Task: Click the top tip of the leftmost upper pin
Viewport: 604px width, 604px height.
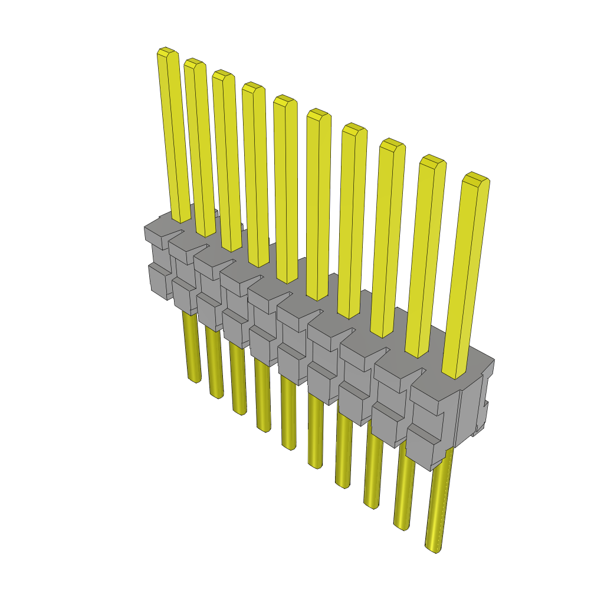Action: coord(168,52)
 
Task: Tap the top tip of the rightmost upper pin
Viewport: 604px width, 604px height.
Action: coord(476,177)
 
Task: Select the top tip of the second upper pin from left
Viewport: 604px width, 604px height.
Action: coord(195,63)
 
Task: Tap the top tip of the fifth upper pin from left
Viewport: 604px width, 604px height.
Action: coord(284,99)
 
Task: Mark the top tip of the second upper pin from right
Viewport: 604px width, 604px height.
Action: coord(432,160)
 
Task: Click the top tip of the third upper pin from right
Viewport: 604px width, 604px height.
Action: coord(392,143)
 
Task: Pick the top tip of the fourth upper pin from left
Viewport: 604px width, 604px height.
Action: coord(253,86)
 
